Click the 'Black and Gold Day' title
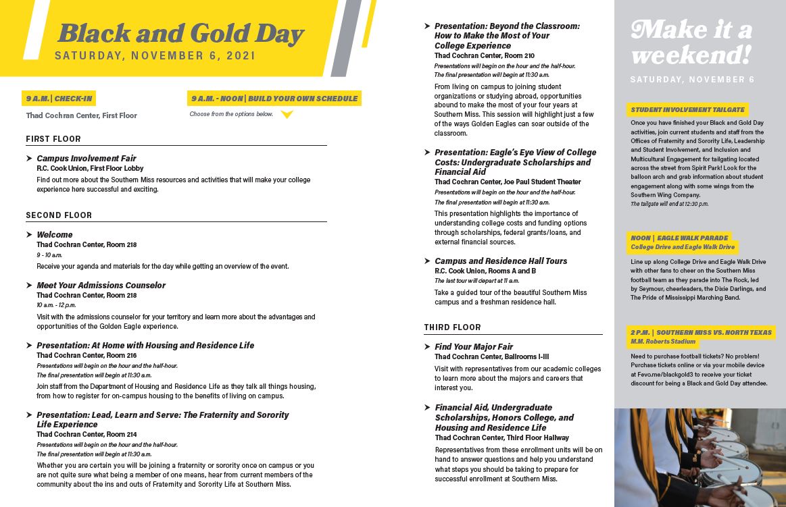click(181, 32)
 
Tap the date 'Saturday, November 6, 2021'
click(155, 56)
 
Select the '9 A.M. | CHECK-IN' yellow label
click(59, 99)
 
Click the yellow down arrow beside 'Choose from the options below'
click(287, 115)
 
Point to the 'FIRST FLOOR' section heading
click(53, 139)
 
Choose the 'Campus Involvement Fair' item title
click(87, 158)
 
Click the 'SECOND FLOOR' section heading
click(59, 215)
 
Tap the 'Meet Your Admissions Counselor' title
click(101, 285)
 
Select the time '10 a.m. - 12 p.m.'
click(56, 305)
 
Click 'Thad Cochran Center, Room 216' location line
click(87, 355)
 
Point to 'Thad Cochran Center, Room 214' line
click(87, 434)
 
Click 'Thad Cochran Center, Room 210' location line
click(485, 55)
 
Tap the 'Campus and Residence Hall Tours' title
click(501, 261)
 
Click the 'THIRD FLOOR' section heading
click(453, 327)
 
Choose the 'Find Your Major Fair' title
click(474, 346)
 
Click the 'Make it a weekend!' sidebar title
click(691, 42)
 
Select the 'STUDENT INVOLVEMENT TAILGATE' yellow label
click(688, 109)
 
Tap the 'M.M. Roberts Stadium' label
click(663, 342)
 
